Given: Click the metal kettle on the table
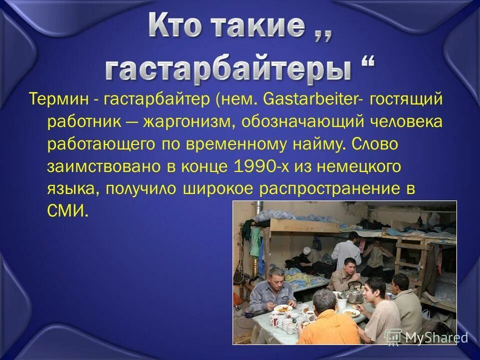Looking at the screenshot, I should click(355, 292).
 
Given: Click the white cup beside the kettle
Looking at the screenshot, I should click(342, 303).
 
